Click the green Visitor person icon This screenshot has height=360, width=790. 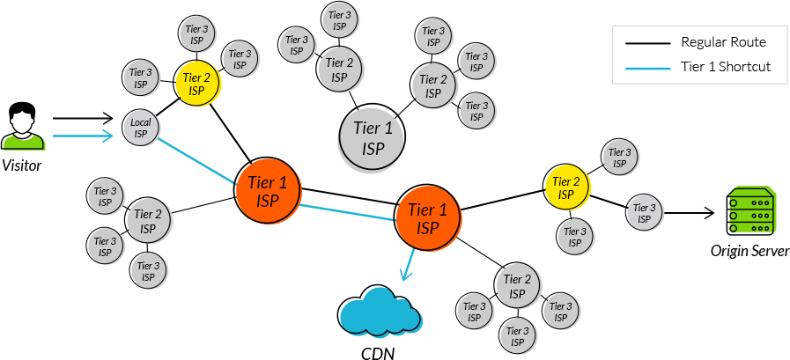click(21, 137)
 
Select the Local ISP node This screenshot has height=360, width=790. click(140, 128)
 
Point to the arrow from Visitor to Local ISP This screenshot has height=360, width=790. click(85, 136)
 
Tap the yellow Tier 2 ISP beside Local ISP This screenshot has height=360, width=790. click(196, 84)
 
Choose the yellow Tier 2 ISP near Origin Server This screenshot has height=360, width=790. click(565, 187)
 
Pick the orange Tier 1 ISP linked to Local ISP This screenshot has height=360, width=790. click(268, 189)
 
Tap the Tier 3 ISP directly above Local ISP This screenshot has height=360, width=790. click(141, 78)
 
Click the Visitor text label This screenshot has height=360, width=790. click(21, 165)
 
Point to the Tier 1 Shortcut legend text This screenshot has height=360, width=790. click(726, 67)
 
